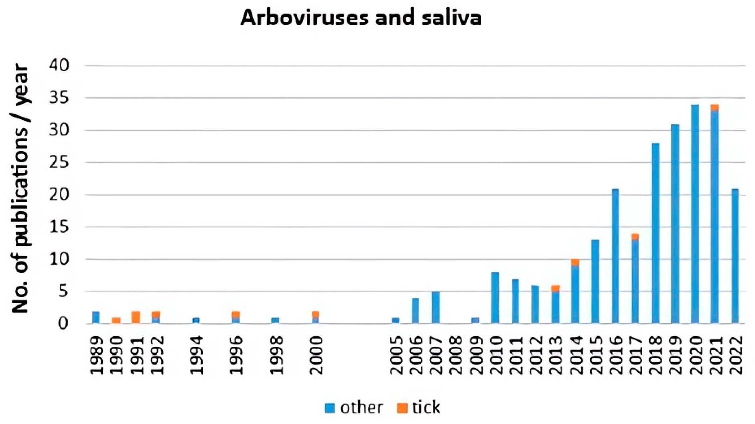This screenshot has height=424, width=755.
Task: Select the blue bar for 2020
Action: click(x=695, y=214)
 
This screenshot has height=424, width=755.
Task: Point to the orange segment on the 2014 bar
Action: click(x=575, y=262)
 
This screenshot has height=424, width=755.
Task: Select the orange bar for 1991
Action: click(x=136, y=317)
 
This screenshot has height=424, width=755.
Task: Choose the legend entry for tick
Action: click(x=419, y=408)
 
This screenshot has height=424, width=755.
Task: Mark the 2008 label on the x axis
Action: click(x=455, y=355)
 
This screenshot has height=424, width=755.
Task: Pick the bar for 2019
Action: click(x=675, y=224)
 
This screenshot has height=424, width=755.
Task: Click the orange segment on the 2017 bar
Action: click(x=635, y=236)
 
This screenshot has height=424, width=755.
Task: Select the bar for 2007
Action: click(x=435, y=307)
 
